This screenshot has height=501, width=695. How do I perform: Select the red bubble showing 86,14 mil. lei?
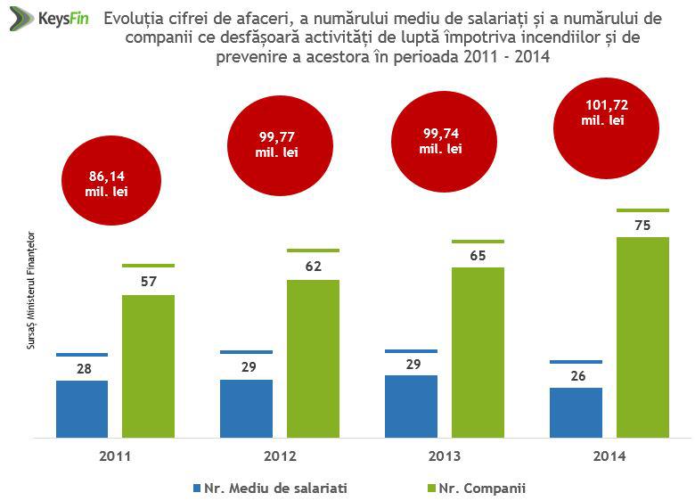pos(102,183)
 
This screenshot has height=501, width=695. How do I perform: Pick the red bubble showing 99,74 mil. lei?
pos(440,142)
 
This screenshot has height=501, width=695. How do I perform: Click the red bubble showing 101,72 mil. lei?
pos(609,112)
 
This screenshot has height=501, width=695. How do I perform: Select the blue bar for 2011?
pos(81,408)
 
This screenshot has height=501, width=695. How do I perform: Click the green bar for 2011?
pos(148,365)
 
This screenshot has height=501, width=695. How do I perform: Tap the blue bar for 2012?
pos(246,407)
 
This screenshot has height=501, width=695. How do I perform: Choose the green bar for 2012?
pos(313,358)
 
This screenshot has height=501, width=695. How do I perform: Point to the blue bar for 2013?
pos(411,406)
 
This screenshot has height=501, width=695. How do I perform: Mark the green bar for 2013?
pos(478,352)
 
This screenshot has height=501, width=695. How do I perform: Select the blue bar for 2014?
pos(576,412)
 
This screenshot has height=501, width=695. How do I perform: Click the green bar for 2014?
pos(642,337)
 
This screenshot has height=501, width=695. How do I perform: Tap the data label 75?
pos(642,226)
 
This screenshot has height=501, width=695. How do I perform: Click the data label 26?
pos(576,376)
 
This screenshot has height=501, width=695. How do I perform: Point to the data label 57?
pos(148,282)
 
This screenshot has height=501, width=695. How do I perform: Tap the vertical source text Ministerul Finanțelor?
pos(31,286)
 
